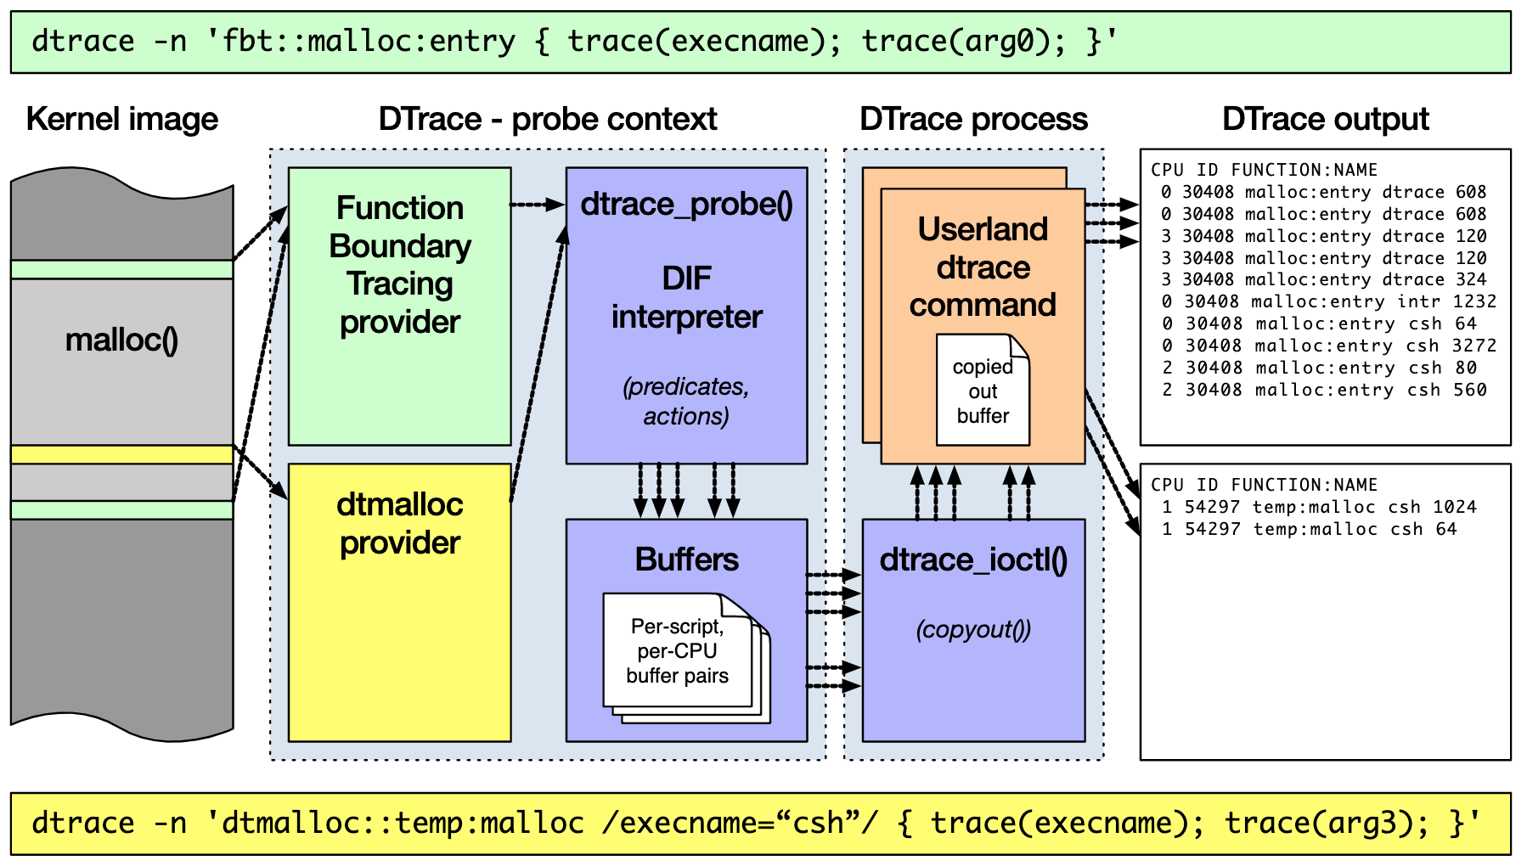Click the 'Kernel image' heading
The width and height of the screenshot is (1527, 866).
pyautogui.click(x=121, y=120)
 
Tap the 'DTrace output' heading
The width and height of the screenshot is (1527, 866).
pyautogui.click(x=1325, y=120)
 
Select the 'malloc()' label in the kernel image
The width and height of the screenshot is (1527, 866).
pyautogui.click(x=121, y=340)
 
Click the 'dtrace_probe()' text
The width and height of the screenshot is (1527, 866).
pyautogui.click(x=686, y=205)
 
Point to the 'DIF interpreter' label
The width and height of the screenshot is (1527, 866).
pyautogui.click(x=686, y=297)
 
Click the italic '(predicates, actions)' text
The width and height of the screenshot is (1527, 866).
pyautogui.click(x=686, y=401)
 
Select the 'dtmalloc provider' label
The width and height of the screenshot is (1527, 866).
pyautogui.click(x=399, y=523)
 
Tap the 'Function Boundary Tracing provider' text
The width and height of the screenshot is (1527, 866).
pyautogui.click(x=399, y=265)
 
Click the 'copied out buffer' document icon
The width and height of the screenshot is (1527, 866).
pyautogui.click(x=983, y=391)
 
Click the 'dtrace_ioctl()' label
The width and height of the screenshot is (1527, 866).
pyautogui.click(x=973, y=560)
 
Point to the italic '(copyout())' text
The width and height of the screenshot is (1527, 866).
pyautogui.click(x=973, y=630)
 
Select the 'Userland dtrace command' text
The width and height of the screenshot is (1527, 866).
pyautogui.click(x=983, y=267)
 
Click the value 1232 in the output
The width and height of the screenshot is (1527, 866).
pyautogui.click(x=1474, y=301)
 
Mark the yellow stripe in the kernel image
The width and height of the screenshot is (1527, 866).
pyautogui.click(x=121, y=454)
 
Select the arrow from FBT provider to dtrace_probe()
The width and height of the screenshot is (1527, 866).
pyautogui.click(x=538, y=205)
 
